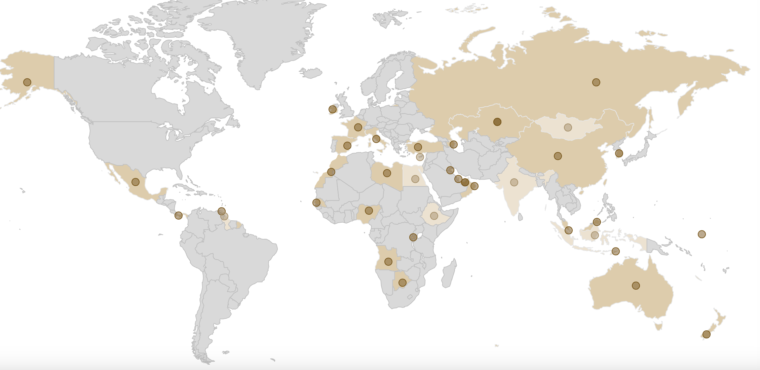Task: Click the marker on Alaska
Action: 27,82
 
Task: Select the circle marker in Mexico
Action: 136,182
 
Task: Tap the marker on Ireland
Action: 333,109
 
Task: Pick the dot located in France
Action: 358,127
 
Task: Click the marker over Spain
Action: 347,146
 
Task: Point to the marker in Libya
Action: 387,173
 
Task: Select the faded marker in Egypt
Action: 415,179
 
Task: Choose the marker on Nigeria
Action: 369,211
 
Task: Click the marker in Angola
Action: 388,261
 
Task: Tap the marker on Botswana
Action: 403,283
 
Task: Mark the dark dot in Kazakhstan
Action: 497,122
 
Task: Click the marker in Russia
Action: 596,82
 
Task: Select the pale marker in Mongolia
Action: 568,127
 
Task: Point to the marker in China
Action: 558,156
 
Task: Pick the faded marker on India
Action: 514,182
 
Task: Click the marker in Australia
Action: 636,286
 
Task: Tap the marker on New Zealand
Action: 707,334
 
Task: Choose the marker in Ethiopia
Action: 434,216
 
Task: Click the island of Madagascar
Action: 449,274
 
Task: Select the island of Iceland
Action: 311,73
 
